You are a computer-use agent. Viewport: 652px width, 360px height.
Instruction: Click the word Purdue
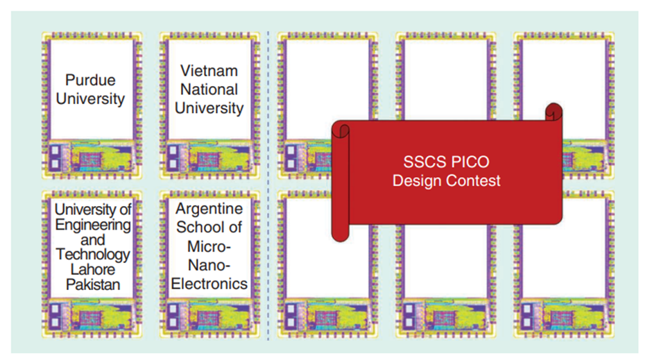click(x=90, y=80)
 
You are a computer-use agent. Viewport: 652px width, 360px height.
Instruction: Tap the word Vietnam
click(x=209, y=71)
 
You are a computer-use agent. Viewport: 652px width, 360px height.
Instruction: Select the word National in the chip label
click(x=209, y=89)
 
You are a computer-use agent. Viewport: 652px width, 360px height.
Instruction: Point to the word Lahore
click(x=93, y=269)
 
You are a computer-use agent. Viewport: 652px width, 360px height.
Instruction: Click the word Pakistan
click(x=93, y=285)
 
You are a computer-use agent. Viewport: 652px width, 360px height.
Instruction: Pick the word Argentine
click(x=209, y=209)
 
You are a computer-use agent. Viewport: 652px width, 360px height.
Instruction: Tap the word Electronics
click(x=209, y=284)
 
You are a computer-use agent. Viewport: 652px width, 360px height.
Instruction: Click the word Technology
click(x=93, y=255)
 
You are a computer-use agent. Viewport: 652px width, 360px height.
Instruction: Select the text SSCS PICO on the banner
click(x=446, y=162)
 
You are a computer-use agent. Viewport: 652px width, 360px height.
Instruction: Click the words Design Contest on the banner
click(x=446, y=181)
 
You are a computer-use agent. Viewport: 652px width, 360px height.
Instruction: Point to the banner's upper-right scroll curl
click(x=554, y=112)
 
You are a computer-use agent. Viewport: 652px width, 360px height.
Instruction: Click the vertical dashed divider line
click(x=268, y=185)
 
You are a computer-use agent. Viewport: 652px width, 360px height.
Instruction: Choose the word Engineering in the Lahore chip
click(x=93, y=225)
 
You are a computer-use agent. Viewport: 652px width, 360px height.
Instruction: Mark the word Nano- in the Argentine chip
click(x=209, y=265)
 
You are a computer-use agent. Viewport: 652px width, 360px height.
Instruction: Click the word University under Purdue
click(x=90, y=99)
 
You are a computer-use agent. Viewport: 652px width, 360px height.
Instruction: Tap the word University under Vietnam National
click(x=209, y=108)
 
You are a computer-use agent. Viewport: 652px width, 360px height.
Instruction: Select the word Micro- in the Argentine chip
click(x=209, y=246)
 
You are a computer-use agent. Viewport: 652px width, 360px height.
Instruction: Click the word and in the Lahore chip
click(x=93, y=240)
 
